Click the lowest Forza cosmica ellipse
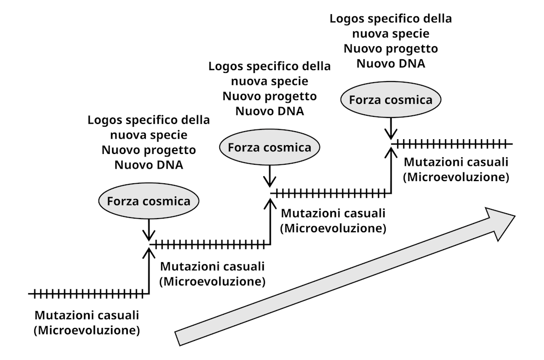click(149, 201)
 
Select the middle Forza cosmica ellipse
click(269, 147)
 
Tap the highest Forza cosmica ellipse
click(391, 100)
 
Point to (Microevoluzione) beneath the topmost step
click(456, 177)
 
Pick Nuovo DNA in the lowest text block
click(149, 164)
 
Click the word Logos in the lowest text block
click(106, 120)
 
